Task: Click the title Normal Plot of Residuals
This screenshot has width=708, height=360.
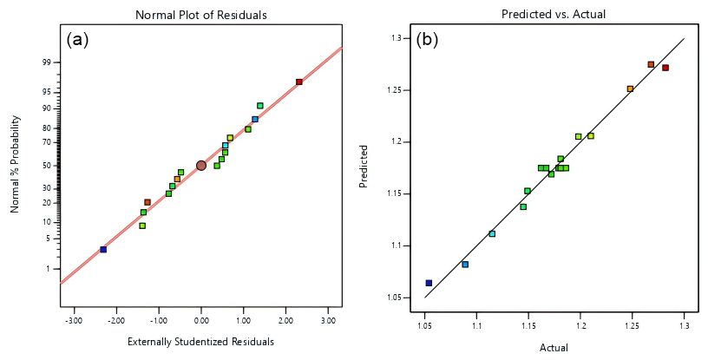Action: (200, 15)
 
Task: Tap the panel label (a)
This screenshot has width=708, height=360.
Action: (77, 39)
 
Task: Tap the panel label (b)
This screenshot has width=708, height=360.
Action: (428, 39)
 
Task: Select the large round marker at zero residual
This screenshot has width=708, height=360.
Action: (201, 165)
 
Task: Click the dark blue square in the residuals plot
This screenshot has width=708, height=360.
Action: (103, 249)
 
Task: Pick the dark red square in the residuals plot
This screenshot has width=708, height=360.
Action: (299, 82)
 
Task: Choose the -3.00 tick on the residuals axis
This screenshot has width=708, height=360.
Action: (73, 320)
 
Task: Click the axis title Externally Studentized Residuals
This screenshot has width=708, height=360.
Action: (200, 341)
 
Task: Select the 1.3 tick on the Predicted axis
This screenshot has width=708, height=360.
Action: (395, 38)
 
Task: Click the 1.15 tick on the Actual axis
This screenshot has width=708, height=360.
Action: (528, 326)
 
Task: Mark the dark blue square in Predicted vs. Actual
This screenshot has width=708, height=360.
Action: (429, 283)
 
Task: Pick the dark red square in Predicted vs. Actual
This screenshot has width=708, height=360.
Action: (665, 68)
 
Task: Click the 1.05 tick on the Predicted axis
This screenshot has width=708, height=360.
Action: (393, 298)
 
